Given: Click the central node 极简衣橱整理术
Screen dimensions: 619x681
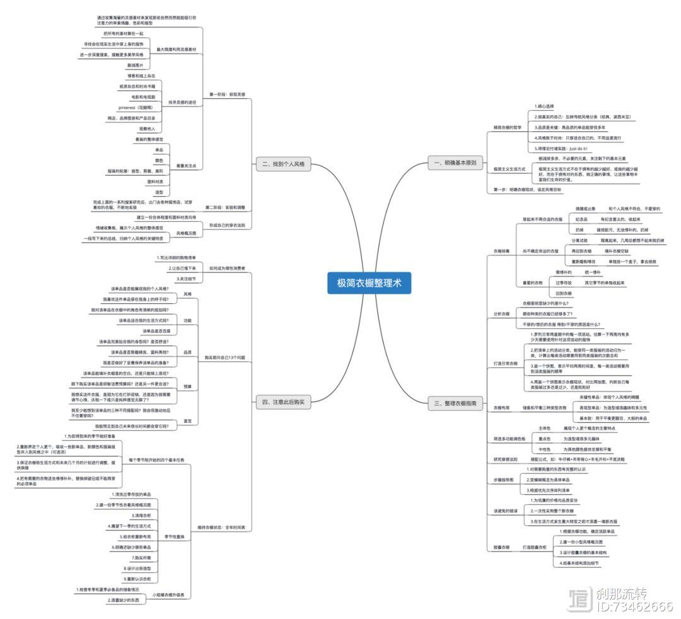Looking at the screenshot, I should [x=369, y=284].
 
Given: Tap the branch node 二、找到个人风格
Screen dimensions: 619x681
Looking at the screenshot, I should [x=282, y=164].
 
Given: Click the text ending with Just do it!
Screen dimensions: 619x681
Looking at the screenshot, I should [x=561, y=148].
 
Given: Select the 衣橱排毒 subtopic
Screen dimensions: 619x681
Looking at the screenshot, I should [x=501, y=251].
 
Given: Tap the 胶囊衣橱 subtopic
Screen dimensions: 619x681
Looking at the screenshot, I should [x=501, y=547].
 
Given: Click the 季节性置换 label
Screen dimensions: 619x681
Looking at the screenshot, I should [x=175, y=536].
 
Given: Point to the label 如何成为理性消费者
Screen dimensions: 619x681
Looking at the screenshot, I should [x=228, y=268].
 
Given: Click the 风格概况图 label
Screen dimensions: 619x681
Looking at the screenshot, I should [x=187, y=233].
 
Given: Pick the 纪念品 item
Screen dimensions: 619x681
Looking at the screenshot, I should [x=581, y=219].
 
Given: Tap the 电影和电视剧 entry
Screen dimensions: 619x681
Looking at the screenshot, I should [x=144, y=97].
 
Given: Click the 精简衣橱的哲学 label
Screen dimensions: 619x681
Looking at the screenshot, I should [x=508, y=127].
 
